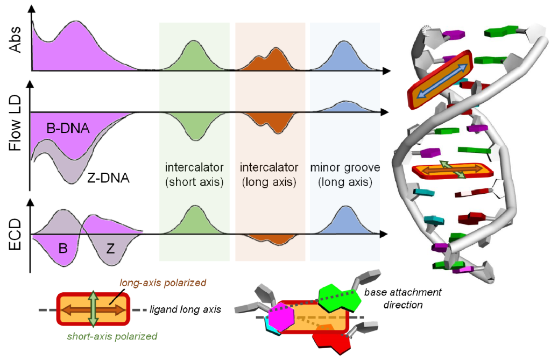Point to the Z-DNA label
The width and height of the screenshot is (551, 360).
[x=108, y=178]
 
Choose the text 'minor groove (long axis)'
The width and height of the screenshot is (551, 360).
[x=345, y=175]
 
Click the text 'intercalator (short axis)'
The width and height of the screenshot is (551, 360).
[x=194, y=175]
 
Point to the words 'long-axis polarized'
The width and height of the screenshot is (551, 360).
[x=161, y=283]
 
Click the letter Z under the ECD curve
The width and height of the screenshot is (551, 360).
[x=110, y=249]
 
